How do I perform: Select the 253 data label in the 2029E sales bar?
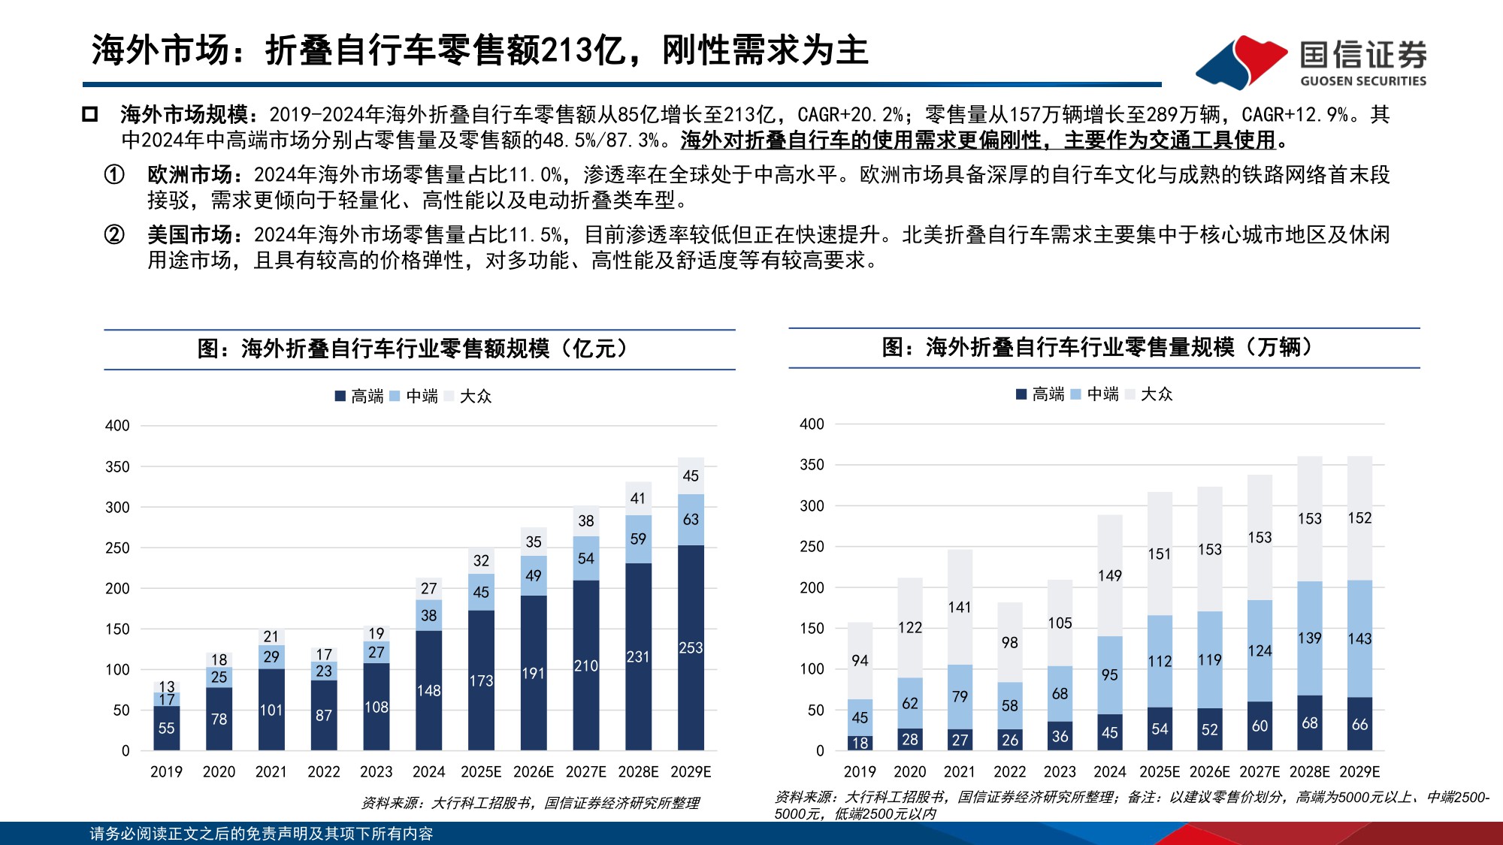coord(691,647)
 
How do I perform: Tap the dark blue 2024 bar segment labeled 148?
coord(428,690)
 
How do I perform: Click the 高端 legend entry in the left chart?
coord(359,396)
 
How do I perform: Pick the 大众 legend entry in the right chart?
coord(1149,394)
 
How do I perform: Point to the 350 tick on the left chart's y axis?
coord(117,466)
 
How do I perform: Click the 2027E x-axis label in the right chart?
coord(1260,771)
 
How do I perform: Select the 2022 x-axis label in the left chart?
coord(323,771)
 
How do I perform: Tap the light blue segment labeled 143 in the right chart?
coord(1359,638)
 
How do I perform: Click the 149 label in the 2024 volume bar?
coord(1109,575)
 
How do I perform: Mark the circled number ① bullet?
coord(114,175)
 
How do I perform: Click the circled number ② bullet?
coord(114,235)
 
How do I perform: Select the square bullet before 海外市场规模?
coord(90,115)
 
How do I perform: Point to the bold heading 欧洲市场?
coord(190,175)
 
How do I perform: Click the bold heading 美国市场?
coord(190,235)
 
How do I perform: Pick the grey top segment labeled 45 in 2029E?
coord(691,475)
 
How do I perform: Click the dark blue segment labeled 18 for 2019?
coord(860,743)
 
